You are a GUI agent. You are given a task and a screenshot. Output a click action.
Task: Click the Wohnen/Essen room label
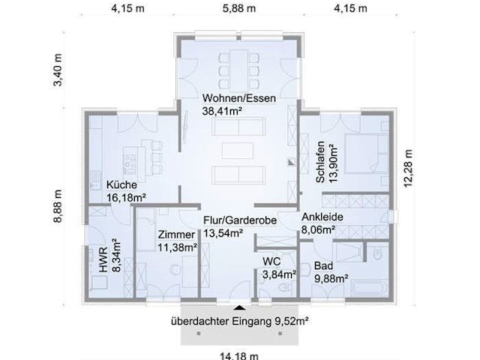(x=238, y=98)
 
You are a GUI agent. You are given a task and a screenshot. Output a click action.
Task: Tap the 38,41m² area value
(x=222, y=111)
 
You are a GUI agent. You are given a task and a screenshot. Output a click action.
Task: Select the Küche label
(x=121, y=185)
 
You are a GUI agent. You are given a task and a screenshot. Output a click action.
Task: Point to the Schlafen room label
(x=320, y=162)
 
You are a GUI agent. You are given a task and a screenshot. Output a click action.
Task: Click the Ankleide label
(x=322, y=217)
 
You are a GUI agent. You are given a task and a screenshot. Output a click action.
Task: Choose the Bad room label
(x=323, y=265)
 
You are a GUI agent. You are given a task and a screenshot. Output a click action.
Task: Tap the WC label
(x=271, y=262)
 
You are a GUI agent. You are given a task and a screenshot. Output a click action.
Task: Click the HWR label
(x=103, y=260)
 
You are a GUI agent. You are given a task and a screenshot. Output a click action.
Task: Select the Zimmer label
(x=176, y=235)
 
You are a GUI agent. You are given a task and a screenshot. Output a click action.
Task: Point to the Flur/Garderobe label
(x=240, y=220)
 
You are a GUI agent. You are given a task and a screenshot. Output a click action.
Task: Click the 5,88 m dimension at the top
(x=239, y=8)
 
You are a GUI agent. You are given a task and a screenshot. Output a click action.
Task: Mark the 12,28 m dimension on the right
(x=408, y=168)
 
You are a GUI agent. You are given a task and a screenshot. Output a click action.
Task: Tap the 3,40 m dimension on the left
(x=58, y=70)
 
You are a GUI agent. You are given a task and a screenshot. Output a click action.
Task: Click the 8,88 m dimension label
(x=58, y=206)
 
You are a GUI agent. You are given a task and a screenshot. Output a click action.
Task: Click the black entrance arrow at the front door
(x=239, y=307)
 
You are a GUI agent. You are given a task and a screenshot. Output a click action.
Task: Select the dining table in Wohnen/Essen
(x=239, y=70)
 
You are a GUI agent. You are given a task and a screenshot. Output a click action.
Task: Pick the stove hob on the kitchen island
(x=130, y=165)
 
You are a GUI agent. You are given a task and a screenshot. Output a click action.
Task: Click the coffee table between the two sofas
(x=238, y=151)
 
